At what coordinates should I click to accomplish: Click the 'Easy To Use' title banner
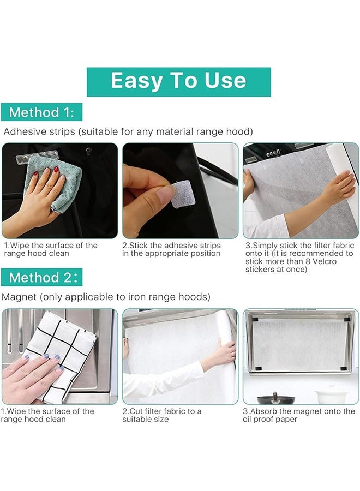(178, 82)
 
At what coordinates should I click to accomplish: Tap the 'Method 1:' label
(41, 112)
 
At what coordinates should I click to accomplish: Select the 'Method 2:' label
(41, 277)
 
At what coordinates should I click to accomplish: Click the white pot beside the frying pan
(328, 397)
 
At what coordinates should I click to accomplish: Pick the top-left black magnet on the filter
(255, 320)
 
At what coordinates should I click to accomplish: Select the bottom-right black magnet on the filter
(344, 368)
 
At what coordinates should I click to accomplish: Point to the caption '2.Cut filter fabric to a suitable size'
(162, 415)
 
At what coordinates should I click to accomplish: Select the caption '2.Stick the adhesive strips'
(172, 245)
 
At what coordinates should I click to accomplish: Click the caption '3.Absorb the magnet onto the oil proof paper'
(299, 415)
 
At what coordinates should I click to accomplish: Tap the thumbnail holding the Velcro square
(181, 190)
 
